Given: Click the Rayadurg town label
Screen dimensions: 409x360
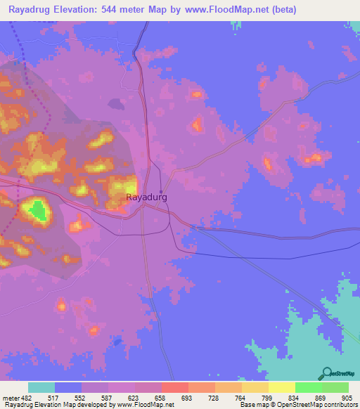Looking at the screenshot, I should (146, 197).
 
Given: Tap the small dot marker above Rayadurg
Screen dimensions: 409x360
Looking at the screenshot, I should (161, 191).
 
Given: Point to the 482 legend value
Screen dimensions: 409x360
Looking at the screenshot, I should (27, 397).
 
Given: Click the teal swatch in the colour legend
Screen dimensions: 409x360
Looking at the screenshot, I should (41, 387).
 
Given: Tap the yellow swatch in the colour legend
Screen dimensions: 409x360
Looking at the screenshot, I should (282, 387).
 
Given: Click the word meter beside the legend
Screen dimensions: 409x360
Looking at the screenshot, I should (11, 397).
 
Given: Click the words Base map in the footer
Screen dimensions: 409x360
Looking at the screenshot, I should (252, 405).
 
